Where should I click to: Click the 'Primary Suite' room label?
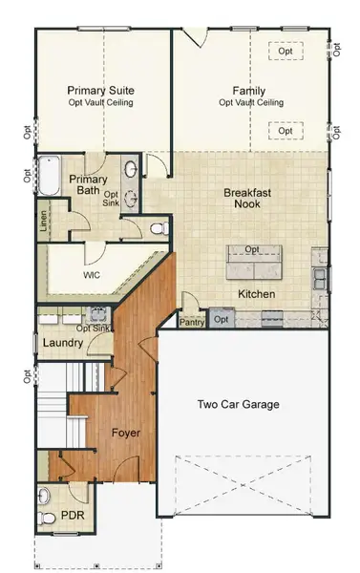point(100,91)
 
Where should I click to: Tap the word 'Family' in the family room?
point(249,91)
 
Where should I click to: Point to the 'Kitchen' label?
point(257,294)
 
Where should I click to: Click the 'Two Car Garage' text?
point(238,404)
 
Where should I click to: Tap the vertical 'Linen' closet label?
point(44,222)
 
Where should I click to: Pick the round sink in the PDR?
point(43,496)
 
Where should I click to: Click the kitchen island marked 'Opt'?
point(253,258)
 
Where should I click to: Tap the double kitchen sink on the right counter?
point(320,279)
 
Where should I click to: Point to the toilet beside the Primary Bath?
point(158,227)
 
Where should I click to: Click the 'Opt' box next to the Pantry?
point(222,319)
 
